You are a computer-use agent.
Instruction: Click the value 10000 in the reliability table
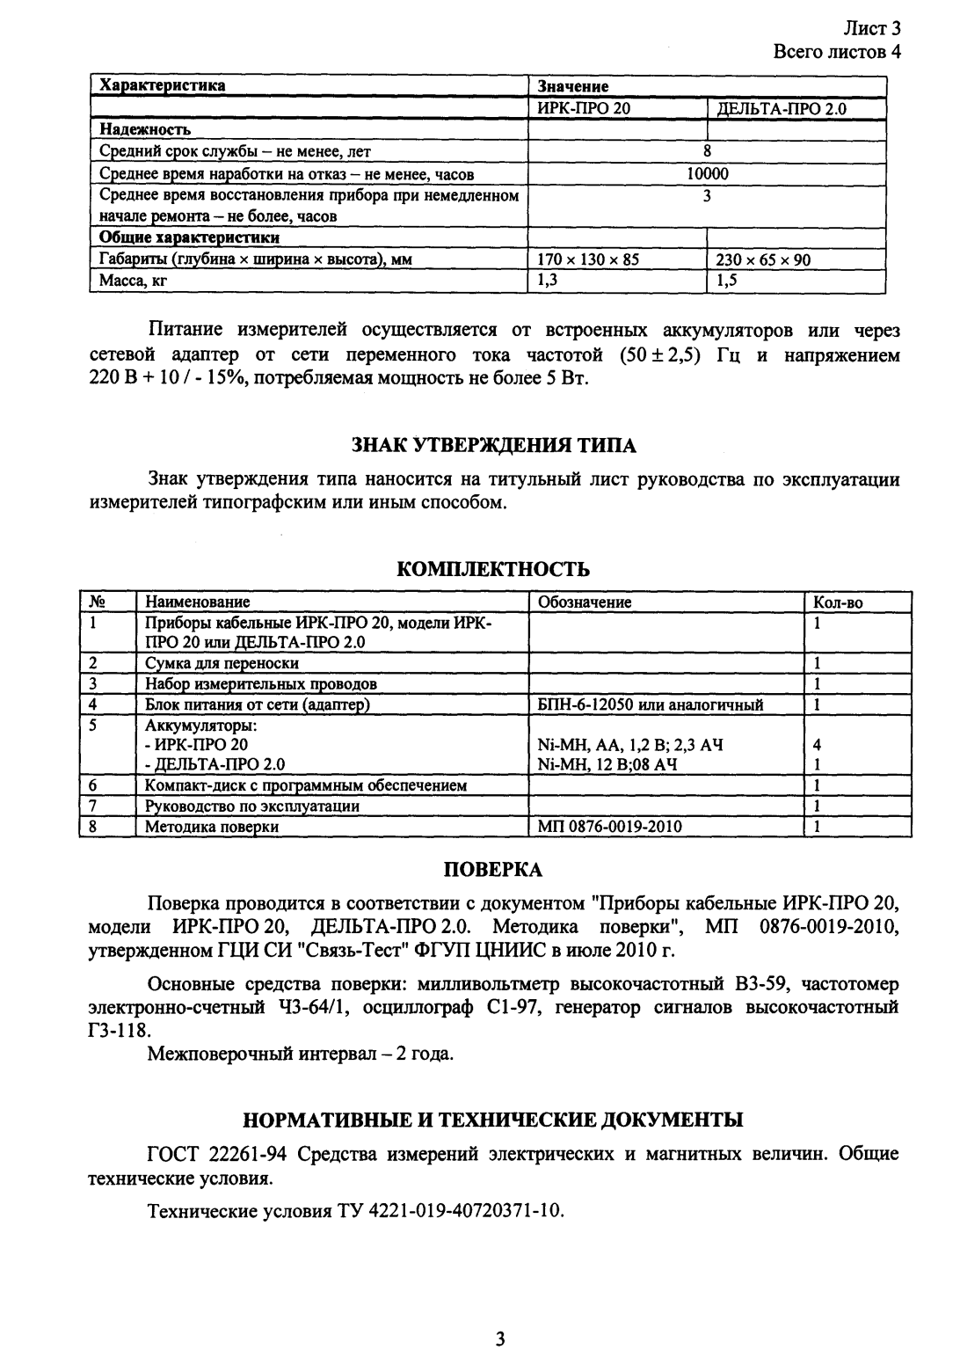click(x=707, y=174)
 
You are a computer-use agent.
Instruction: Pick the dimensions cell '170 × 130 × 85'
click(x=588, y=260)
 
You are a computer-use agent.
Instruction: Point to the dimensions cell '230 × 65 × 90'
click(x=763, y=260)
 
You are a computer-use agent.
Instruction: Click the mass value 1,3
click(x=548, y=281)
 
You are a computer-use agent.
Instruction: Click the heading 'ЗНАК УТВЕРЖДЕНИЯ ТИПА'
click(x=494, y=445)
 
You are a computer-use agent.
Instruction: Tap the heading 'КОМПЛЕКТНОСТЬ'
click(x=493, y=569)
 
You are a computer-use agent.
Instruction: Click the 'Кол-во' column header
click(x=839, y=602)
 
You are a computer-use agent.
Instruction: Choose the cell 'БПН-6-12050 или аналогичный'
click(x=650, y=704)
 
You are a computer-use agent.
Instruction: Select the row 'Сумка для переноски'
click(x=222, y=663)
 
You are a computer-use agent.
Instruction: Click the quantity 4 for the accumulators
click(x=818, y=745)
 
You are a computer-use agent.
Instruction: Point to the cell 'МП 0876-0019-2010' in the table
click(x=609, y=827)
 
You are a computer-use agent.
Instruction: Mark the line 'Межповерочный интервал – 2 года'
click(x=301, y=1053)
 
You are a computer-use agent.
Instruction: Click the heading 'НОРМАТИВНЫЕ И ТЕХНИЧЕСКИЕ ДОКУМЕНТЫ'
click(x=492, y=1120)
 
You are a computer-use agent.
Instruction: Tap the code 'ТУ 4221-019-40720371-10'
click(x=450, y=1210)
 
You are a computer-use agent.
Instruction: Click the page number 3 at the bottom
click(x=499, y=1339)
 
